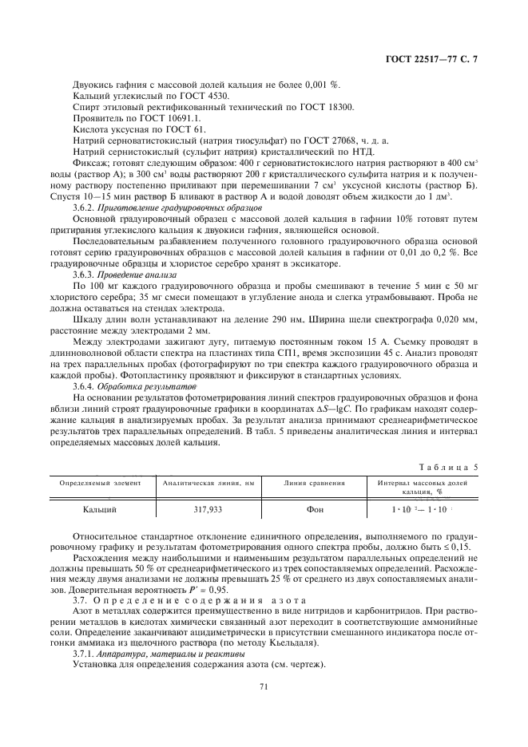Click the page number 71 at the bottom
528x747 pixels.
coord(264,685)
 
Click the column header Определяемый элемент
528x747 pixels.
coord(101,483)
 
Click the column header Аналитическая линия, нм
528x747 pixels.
coord(208,483)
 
